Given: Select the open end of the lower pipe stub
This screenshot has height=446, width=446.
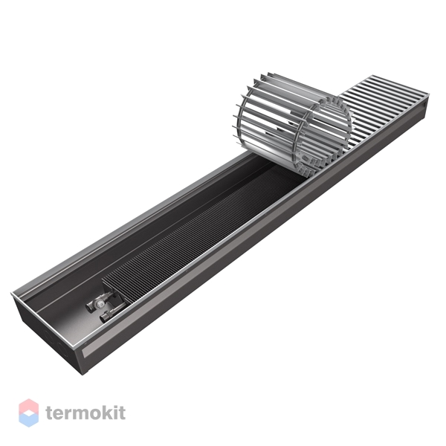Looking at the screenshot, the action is tap(103, 317).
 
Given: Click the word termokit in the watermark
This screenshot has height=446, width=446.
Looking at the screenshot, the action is tap(85, 413).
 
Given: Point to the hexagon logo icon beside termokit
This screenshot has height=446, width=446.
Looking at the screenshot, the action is tap(28, 413).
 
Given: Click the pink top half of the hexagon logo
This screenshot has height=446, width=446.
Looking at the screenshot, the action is tap(28, 406).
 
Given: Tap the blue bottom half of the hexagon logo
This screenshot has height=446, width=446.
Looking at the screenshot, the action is tap(28, 420).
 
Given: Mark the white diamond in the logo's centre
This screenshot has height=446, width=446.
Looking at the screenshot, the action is tap(28, 413).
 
